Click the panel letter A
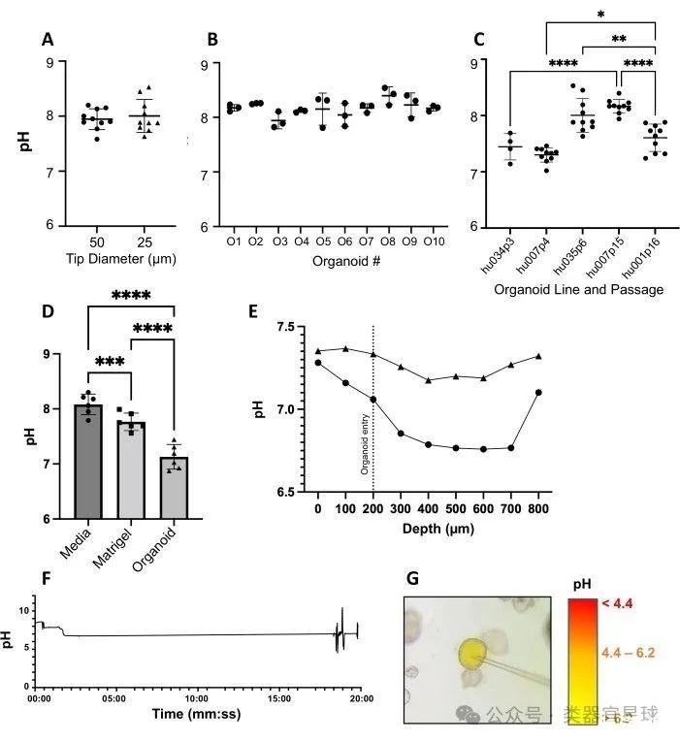click(47, 40)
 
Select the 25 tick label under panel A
click(145, 241)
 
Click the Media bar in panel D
click(88, 461)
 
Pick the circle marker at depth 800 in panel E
click(537, 393)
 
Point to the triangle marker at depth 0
click(317, 351)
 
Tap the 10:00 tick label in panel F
click(196, 697)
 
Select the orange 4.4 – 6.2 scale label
click(627, 652)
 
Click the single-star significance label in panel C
click(601, 15)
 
